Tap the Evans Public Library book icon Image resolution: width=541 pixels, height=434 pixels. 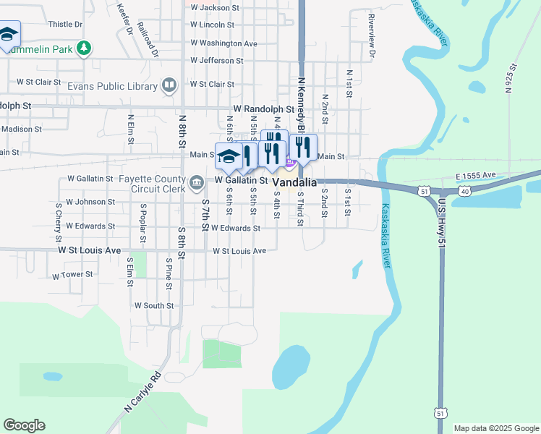169,86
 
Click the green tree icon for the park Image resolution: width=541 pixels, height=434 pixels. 85,48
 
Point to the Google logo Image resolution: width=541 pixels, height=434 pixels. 24,425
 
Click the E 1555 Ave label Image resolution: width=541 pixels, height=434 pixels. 475,176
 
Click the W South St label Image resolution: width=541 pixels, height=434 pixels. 153,306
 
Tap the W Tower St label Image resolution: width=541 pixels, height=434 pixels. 73,275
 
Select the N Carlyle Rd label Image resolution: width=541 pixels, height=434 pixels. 142,392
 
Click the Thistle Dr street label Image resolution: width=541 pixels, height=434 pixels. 65,24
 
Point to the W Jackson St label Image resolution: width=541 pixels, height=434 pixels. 215,7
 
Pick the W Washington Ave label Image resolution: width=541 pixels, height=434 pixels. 223,43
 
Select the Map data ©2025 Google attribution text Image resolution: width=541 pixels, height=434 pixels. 496,428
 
